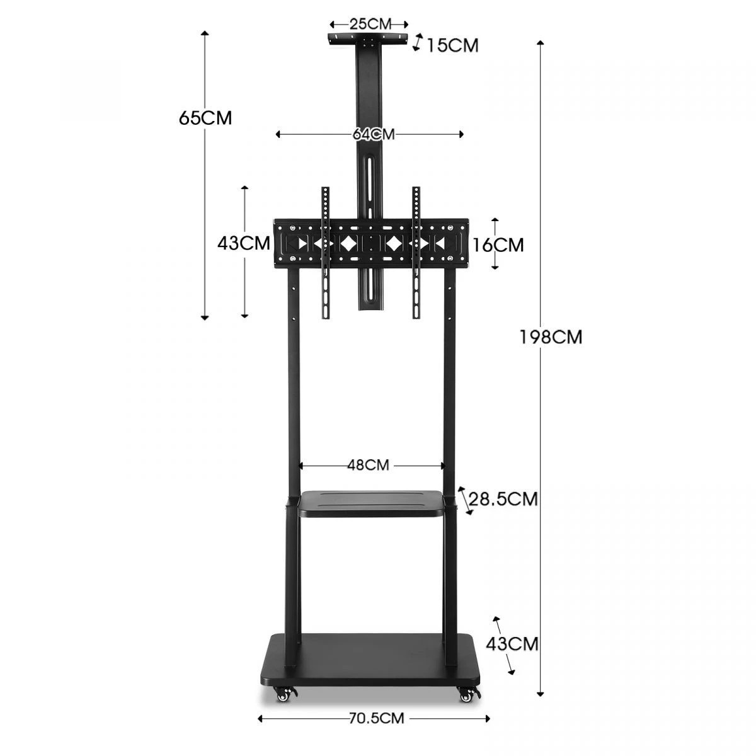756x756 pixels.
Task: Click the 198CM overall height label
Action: (551, 337)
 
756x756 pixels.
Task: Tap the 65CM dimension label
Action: (205, 118)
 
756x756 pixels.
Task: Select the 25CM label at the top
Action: (370, 24)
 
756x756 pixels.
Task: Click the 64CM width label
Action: (374, 134)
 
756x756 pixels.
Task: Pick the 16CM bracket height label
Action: (498, 244)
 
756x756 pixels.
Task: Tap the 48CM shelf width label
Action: (368, 465)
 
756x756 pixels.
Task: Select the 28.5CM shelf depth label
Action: (504, 499)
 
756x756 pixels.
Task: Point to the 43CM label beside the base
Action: (512, 644)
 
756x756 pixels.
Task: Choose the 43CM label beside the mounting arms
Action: (243, 243)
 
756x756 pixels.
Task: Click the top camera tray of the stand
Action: (370, 39)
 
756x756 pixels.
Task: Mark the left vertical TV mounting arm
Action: (326, 252)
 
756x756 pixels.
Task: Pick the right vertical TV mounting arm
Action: (416, 252)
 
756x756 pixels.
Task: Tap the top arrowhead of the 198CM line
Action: (540, 43)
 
